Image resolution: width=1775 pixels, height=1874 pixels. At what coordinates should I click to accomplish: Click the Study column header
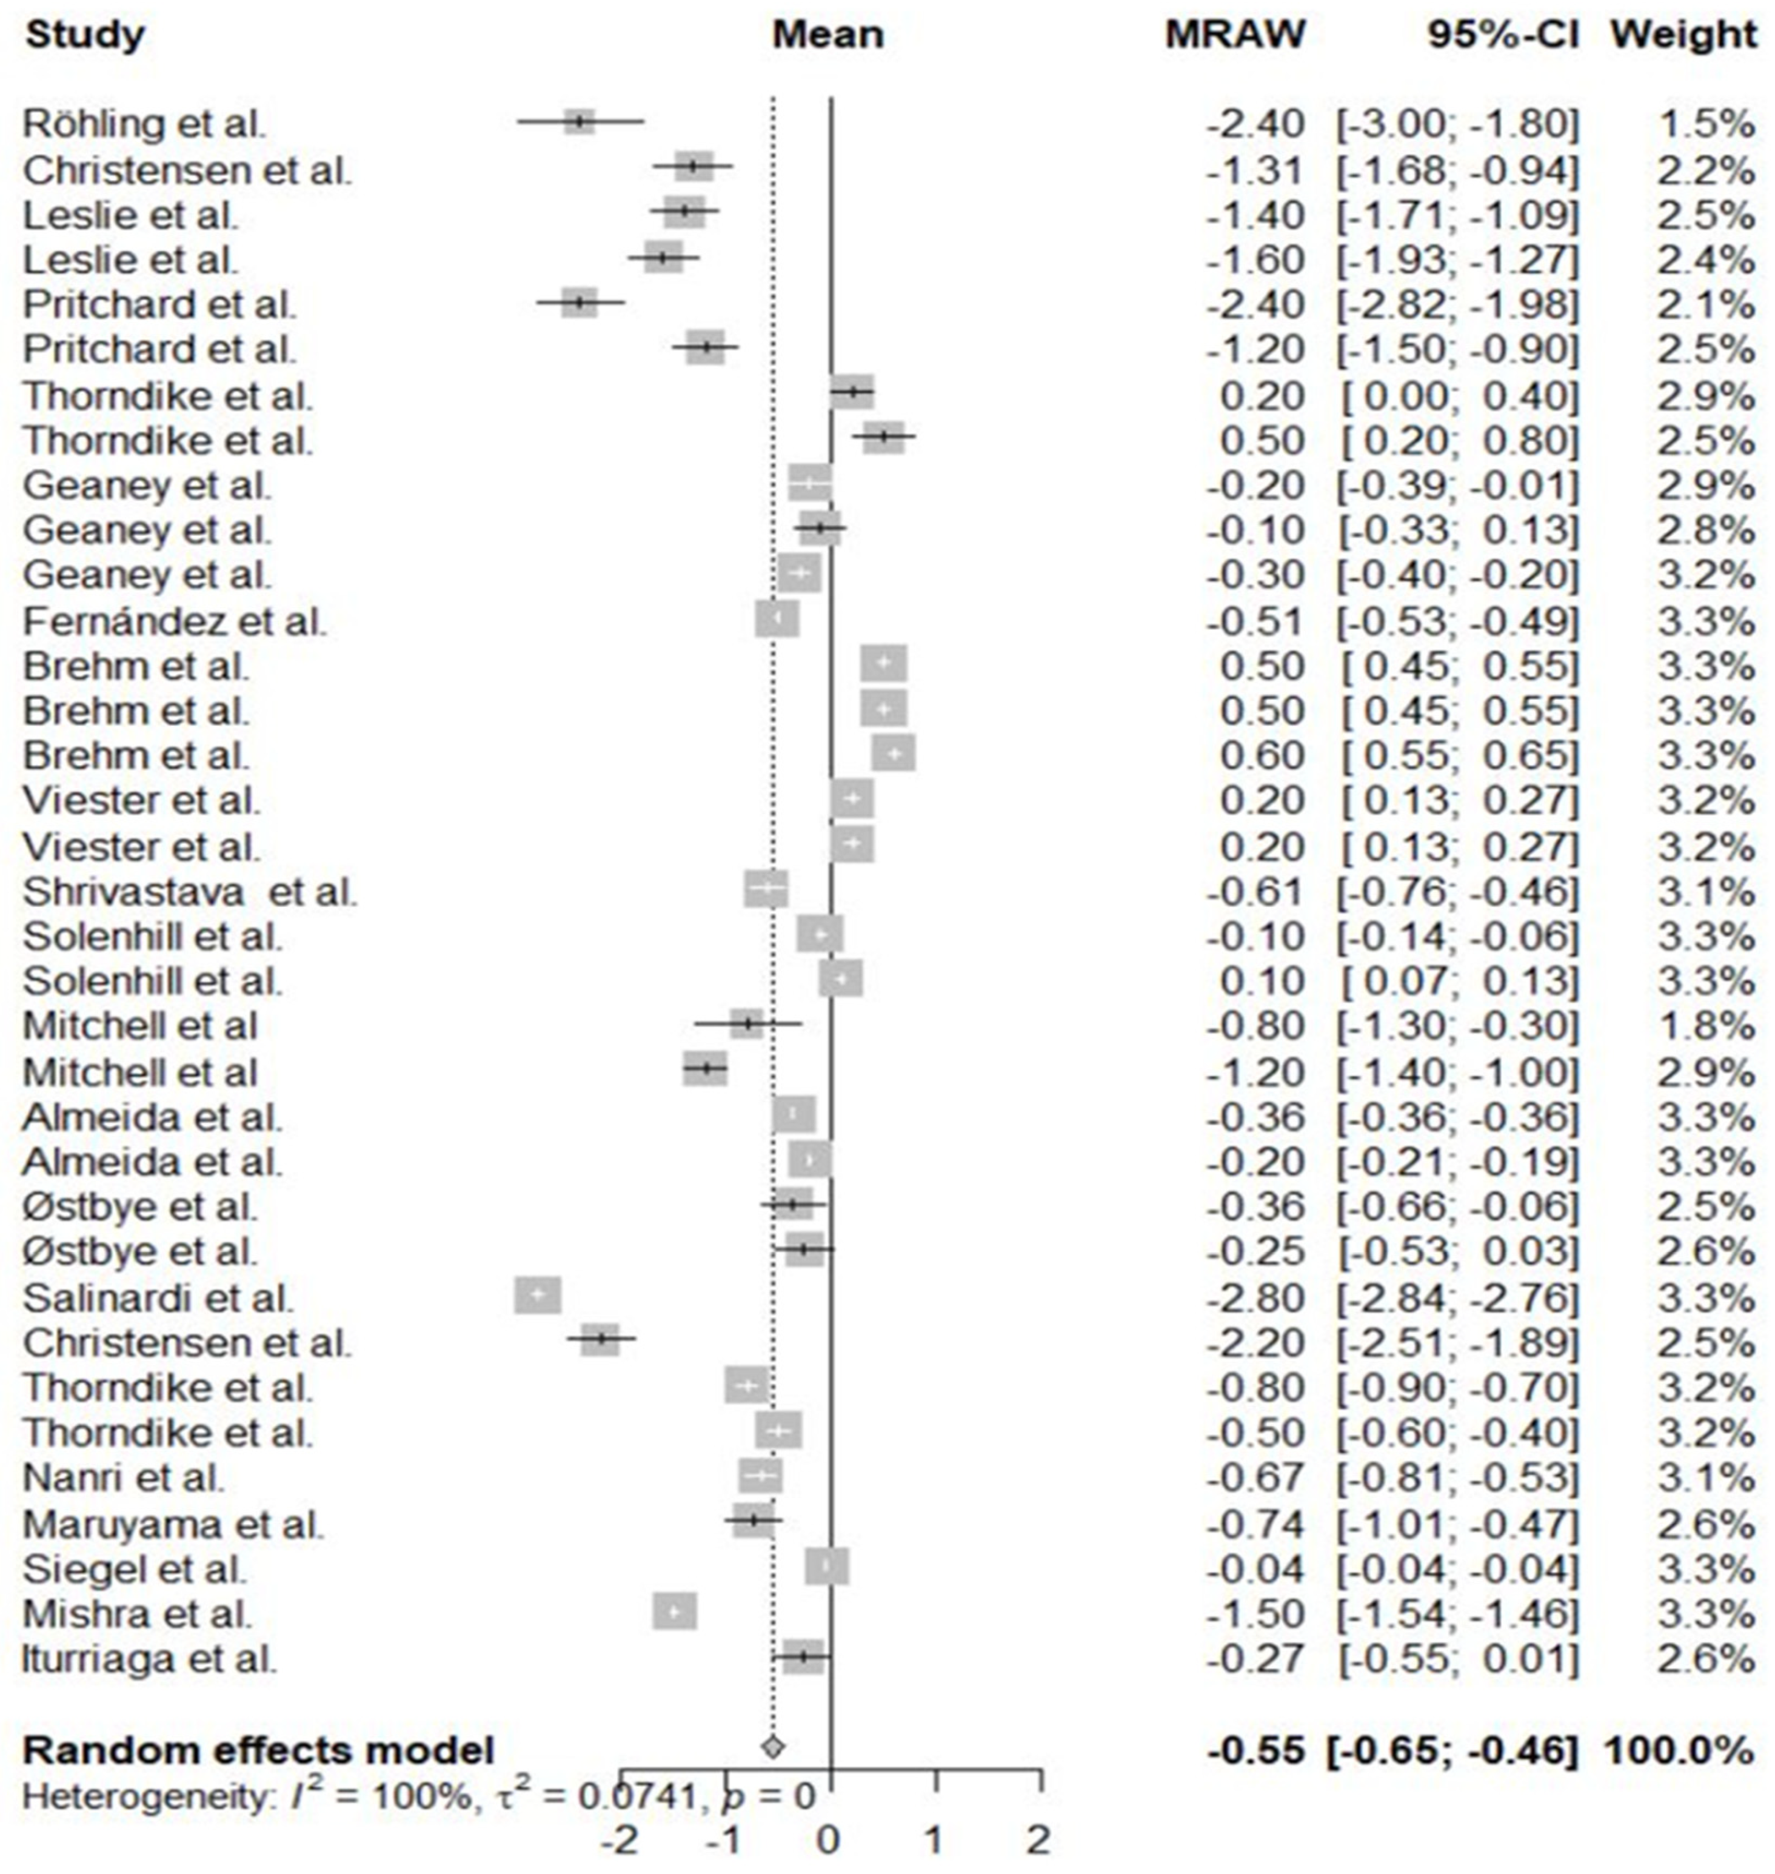[84, 36]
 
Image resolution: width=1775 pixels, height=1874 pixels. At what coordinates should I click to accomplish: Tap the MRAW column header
[1235, 36]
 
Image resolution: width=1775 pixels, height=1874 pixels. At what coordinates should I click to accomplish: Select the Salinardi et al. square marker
[538, 1296]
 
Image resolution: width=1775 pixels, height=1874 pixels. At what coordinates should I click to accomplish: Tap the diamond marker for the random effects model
[773, 1745]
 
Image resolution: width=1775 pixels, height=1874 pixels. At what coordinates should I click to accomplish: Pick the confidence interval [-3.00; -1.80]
[1458, 124]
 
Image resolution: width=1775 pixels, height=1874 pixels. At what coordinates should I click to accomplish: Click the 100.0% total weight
[1679, 1750]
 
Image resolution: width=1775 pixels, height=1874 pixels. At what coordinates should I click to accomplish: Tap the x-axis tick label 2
[1040, 1841]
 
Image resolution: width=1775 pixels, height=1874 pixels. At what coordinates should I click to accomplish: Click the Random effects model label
[258, 1750]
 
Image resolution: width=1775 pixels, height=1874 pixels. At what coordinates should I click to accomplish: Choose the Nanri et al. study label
[123, 1477]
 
